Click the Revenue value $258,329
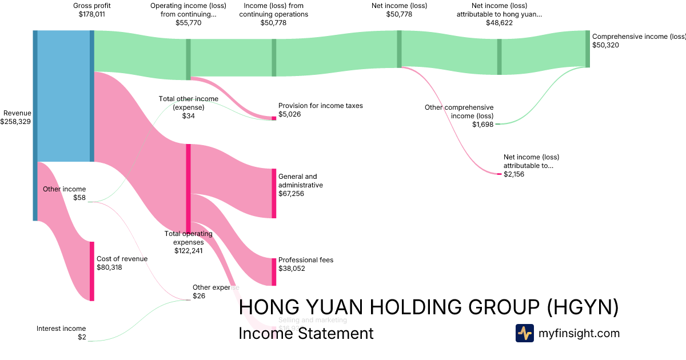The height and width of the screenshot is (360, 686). (x=16, y=122)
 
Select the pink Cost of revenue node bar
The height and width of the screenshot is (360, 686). (x=91, y=271)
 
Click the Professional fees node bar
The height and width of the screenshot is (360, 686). (x=274, y=272)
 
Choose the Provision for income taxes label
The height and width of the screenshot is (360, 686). (x=320, y=106)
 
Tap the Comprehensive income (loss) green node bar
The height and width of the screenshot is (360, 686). (x=587, y=49)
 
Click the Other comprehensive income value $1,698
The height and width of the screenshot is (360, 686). (x=482, y=125)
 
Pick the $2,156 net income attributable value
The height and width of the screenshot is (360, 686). (x=514, y=174)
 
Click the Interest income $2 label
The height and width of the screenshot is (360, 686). (x=61, y=333)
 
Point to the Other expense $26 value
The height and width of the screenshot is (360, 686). (x=199, y=296)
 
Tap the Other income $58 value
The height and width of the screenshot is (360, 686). (x=79, y=198)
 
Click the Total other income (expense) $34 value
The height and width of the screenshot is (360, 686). (x=188, y=116)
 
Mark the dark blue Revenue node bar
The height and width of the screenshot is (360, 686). (x=35, y=125)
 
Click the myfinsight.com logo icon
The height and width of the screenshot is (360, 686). (x=524, y=333)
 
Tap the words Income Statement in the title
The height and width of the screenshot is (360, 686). (x=306, y=333)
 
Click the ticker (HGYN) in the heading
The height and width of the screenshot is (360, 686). (x=583, y=307)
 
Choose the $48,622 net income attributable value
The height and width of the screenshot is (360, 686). (x=499, y=23)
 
